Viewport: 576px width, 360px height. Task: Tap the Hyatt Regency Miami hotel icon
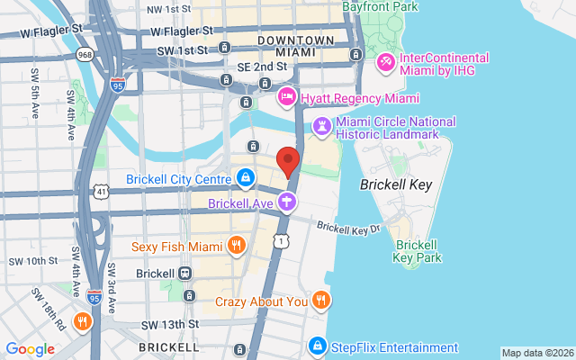pyautogui.click(x=287, y=96)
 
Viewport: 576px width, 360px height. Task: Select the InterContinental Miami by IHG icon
pyautogui.click(x=385, y=62)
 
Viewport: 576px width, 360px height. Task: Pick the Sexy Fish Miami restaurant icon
pyautogui.click(x=236, y=246)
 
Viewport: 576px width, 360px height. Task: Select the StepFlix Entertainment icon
pyautogui.click(x=317, y=346)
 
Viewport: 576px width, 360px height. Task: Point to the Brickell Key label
pyautogui.click(x=396, y=184)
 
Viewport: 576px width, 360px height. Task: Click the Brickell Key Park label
pyautogui.click(x=418, y=250)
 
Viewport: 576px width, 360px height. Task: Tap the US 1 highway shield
pyautogui.click(x=283, y=240)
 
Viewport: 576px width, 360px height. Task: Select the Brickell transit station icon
pyautogui.click(x=185, y=273)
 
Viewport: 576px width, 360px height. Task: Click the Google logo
pyautogui.click(x=30, y=349)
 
